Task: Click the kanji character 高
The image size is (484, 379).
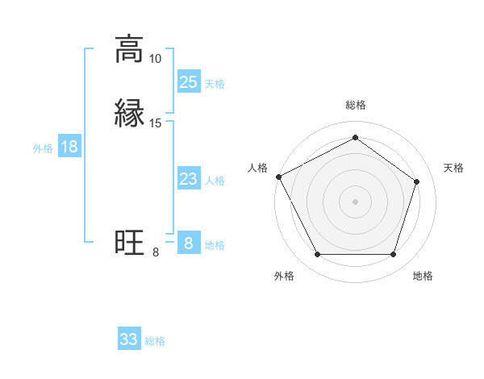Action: point(129,51)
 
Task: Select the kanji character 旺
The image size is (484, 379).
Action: point(129,242)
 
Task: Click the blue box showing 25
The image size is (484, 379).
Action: point(188,82)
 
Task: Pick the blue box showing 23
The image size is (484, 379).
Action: point(188,180)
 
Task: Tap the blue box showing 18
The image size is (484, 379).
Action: point(69,147)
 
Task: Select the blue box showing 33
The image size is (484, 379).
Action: point(129,339)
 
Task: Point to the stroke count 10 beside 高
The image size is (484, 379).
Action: point(156,59)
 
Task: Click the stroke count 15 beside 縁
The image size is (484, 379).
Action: point(156,123)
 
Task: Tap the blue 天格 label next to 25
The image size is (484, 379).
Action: point(215,84)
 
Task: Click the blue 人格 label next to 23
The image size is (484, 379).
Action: point(215,181)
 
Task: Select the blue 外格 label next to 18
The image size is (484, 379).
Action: point(43,148)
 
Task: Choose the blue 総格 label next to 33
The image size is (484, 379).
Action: point(155,341)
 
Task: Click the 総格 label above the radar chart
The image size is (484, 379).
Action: point(355,105)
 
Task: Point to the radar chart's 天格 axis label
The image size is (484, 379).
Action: point(453,168)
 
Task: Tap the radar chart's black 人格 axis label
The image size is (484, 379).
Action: point(257,168)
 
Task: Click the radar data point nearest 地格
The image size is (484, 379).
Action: point(394,255)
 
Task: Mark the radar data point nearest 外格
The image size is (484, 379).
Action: point(317,255)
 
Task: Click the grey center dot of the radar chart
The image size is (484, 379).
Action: point(355,201)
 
